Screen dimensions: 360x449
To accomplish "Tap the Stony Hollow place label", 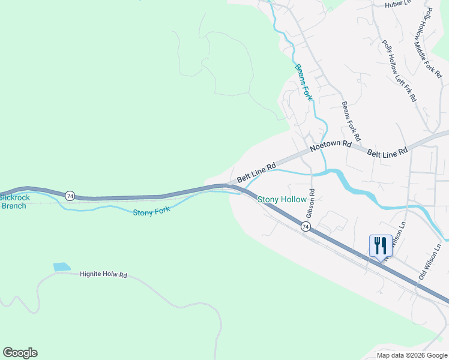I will pyautogui.click(x=282, y=199).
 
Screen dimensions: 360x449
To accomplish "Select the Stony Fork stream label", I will pyautogui.click(x=151, y=211).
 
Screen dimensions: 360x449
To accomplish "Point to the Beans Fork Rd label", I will pyautogui.click(x=351, y=121).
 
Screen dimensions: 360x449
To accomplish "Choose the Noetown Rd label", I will pyautogui.click(x=330, y=145).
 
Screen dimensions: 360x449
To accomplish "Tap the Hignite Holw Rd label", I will pyautogui.click(x=104, y=275).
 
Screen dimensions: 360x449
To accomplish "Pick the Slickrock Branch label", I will pyautogui.click(x=13, y=201).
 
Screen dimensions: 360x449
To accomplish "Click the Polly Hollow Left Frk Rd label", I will pyautogui.click(x=399, y=71).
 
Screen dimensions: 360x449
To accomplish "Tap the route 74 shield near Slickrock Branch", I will pyautogui.click(x=70, y=196).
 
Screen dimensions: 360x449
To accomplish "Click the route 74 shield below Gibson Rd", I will pyautogui.click(x=306, y=226).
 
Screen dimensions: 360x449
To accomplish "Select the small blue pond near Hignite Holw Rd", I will pyautogui.click(x=61, y=267).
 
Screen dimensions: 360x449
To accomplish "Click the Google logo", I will pyautogui.click(x=20, y=353).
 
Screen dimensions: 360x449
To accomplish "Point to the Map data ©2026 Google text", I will pyautogui.click(x=411, y=355).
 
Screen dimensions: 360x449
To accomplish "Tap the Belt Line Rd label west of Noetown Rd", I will pyautogui.click(x=256, y=172).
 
